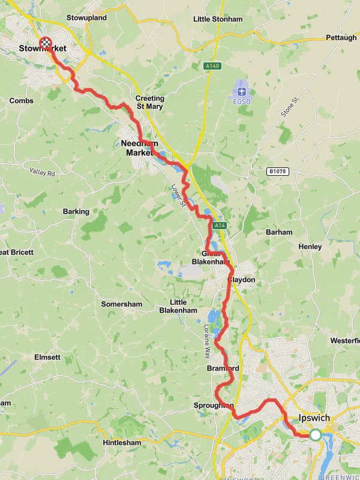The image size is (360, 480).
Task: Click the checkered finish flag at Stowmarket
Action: coord(45,43)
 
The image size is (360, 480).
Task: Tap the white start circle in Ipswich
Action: coord(316,435)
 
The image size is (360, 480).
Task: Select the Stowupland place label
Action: coord(86,18)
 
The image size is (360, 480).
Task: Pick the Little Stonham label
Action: coord(218,19)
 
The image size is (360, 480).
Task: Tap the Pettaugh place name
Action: coord(341,37)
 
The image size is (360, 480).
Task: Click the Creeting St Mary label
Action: coord(149,103)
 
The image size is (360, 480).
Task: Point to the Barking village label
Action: coord(76,211)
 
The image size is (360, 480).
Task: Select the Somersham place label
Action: coord(121,304)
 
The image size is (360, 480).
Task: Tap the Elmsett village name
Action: coord(47,357)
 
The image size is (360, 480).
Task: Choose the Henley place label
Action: coord(310,247)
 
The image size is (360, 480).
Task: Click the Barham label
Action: coord(280,232)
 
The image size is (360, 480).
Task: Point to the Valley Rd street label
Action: coord(42,172)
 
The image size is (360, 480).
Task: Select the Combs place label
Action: coord(22,101)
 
